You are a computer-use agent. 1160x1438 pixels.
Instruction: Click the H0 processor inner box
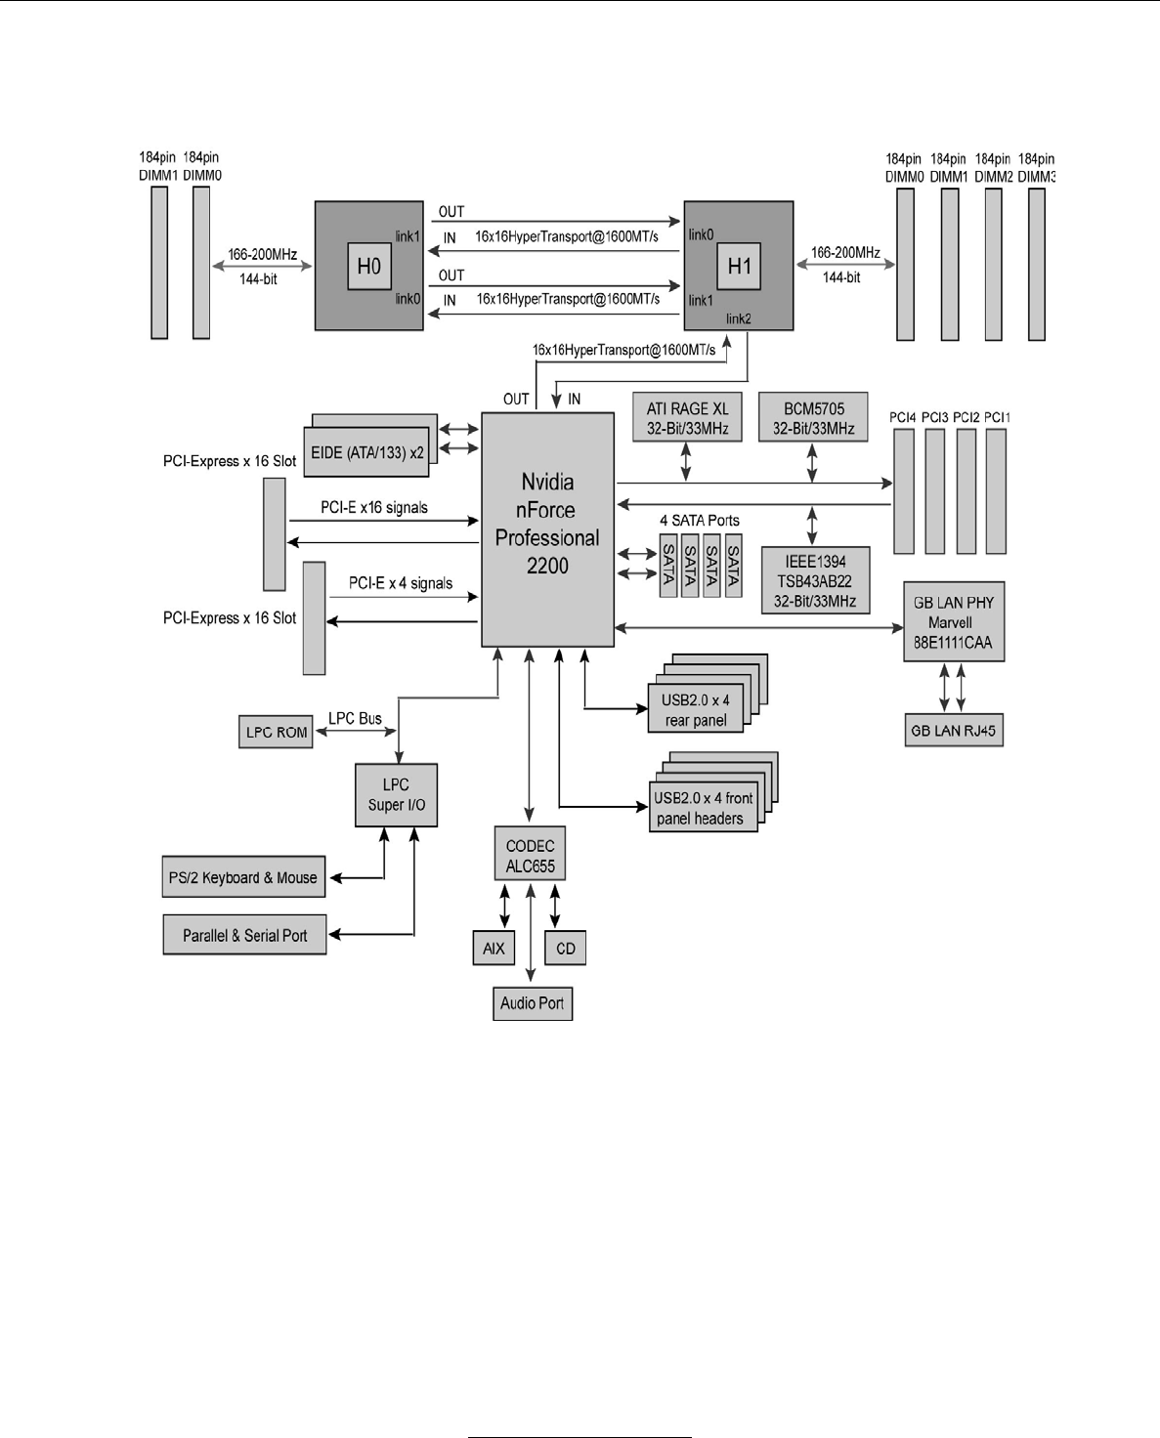368,266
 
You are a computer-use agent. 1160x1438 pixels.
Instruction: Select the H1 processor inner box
739,266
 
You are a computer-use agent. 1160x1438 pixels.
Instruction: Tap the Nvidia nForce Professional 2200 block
547,529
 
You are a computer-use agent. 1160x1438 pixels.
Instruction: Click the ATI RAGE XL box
687,418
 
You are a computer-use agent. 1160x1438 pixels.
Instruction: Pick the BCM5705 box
813,418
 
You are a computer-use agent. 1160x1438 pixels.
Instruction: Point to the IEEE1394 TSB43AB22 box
815,580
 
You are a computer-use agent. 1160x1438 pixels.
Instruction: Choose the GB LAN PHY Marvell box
953,622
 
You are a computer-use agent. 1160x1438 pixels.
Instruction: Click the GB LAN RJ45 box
953,731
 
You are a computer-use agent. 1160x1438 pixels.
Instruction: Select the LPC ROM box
276,732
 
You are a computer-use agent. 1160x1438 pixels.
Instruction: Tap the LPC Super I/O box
396,794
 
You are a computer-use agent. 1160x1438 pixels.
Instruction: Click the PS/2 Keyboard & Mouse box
242,877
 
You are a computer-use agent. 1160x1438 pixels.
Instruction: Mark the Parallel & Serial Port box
244,935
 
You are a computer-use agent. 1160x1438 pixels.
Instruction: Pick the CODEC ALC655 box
530,855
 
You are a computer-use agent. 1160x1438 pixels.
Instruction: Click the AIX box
494,949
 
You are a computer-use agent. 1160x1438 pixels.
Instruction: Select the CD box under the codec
565,949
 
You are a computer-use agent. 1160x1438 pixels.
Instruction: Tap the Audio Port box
532,1003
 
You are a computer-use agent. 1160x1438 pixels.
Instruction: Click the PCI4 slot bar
903,491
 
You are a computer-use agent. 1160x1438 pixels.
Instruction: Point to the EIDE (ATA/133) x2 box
366,452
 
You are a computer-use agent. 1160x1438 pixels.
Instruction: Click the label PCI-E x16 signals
374,508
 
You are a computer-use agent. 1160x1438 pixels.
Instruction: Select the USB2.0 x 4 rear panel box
695,710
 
